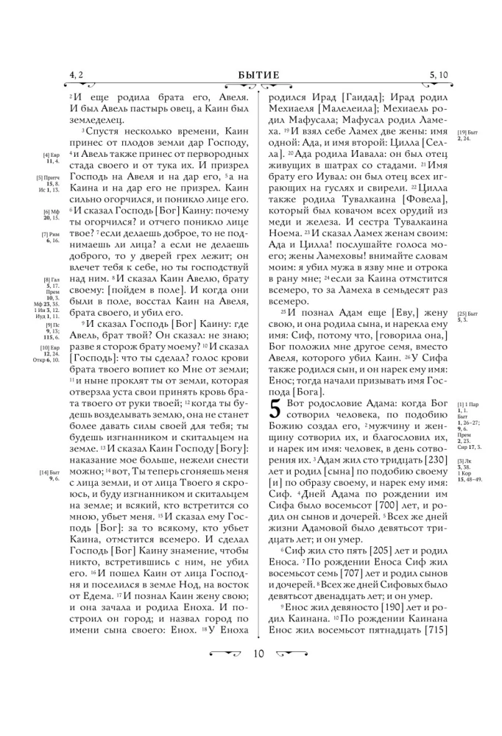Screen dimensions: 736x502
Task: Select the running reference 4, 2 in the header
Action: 77,74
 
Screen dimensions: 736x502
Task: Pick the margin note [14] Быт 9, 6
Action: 49,475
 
